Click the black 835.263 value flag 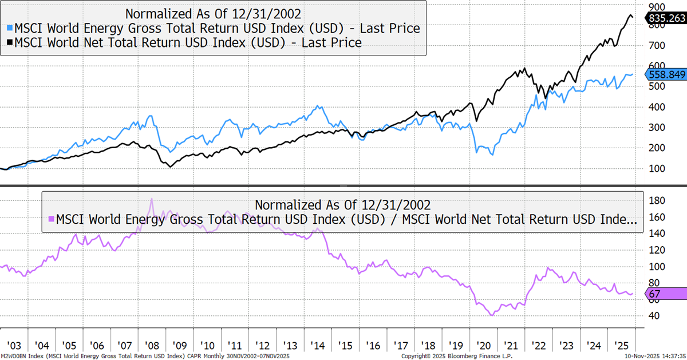665,19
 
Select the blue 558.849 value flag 665,74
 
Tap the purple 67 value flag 665,294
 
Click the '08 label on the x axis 152,346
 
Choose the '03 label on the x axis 15,346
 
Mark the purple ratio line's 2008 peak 151,199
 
